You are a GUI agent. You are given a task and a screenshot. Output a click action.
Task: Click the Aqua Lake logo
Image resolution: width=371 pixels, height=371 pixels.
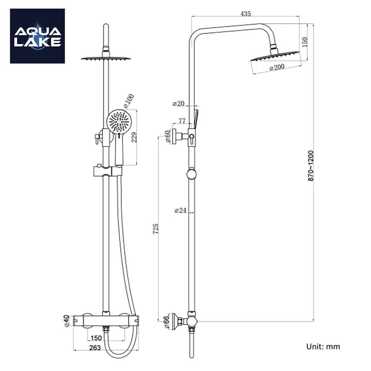pyautogui.click(x=37, y=36)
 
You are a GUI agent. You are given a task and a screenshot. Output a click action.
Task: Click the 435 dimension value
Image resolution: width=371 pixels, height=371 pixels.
pyautogui.click(x=246, y=14)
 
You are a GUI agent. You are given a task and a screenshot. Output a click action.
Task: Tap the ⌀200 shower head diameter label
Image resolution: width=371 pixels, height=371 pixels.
pyautogui.click(x=277, y=67)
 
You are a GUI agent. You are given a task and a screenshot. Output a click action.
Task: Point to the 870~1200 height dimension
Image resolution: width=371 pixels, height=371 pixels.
pyautogui.click(x=311, y=166)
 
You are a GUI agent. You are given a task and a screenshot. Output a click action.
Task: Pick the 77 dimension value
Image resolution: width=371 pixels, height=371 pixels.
pyautogui.click(x=182, y=121)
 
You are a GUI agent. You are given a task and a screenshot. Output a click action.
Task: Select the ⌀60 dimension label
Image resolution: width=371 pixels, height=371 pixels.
pyautogui.click(x=168, y=136)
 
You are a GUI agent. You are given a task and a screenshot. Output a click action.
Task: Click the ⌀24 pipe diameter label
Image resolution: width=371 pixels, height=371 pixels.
pyautogui.click(x=180, y=211)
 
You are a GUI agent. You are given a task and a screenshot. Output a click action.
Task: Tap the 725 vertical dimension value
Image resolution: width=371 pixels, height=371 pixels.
pyautogui.click(x=156, y=229)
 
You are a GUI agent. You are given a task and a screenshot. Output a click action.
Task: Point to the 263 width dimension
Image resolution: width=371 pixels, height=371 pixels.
pyautogui.click(x=94, y=348)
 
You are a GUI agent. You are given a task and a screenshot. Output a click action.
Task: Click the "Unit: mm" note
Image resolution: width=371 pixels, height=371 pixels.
pyautogui.click(x=323, y=346)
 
